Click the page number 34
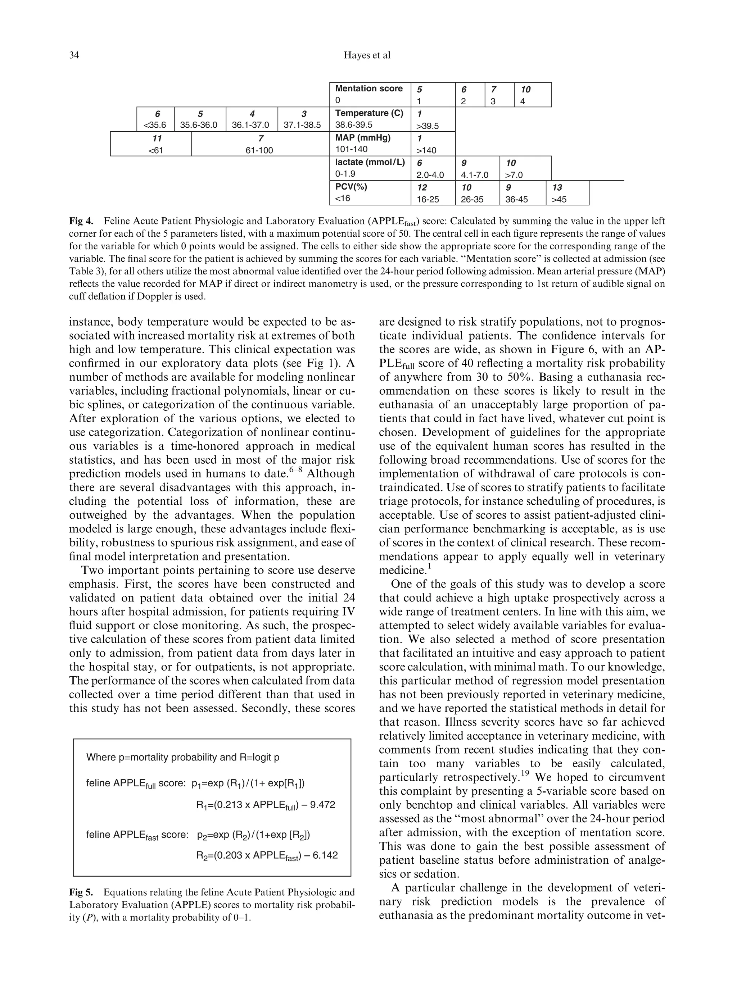tap(74, 55)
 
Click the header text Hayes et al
tap(367, 55)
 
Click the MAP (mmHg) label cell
tap(369, 143)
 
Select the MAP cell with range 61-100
tap(259, 144)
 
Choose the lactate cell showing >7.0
tap(525, 168)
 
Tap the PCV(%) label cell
tap(369, 192)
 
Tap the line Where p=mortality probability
tap(183, 757)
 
